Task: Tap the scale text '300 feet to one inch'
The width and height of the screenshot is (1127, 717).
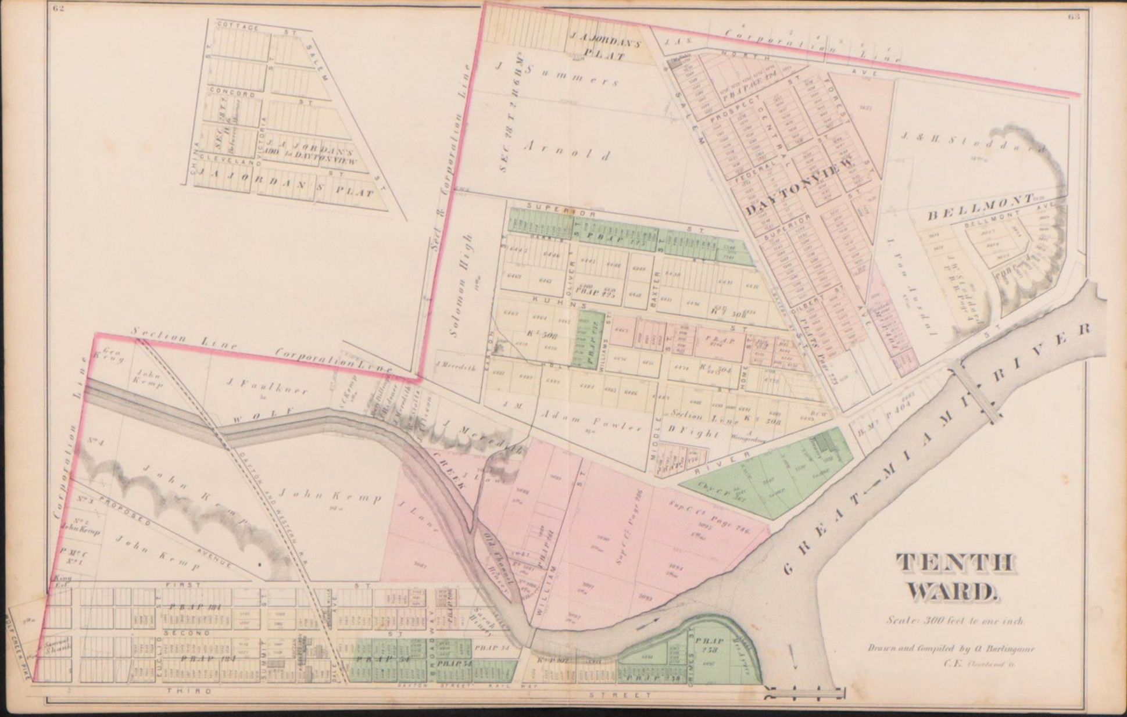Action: point(956,620)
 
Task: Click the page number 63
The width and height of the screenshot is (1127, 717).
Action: point(1073,16)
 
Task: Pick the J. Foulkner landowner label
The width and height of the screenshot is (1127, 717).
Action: point(266,384)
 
